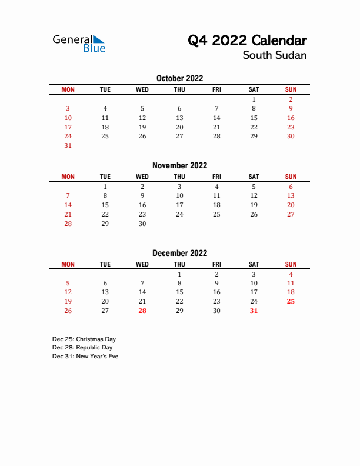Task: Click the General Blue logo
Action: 79,44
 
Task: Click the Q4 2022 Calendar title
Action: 247,41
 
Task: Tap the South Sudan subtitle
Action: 275,56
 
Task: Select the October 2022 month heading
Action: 179,78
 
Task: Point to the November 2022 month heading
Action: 179,165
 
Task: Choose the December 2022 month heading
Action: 179,253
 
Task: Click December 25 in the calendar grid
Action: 291,301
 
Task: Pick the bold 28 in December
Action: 142,311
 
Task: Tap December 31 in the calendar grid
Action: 254,311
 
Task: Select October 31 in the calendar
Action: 68,145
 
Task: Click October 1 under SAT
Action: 254,99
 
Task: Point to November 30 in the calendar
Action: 142,224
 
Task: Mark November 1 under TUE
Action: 105,186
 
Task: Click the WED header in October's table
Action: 142,89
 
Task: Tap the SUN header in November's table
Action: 291,177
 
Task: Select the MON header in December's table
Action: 68,264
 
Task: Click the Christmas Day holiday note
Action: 84,339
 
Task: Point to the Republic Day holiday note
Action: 82,348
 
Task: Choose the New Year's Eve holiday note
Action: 85,357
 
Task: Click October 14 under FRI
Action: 216,118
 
